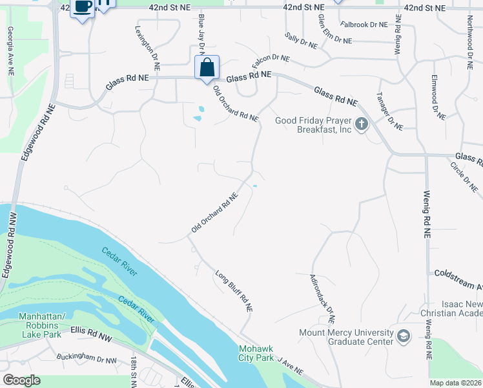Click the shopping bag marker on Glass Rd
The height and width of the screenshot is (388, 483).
[x=207, y=67]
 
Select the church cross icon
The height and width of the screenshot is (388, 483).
[x=362, y=124]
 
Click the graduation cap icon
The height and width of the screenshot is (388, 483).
[x=403, y=337]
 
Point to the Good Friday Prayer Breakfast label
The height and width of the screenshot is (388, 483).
[x=313, y=125]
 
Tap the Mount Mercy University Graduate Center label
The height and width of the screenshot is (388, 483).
[x=346, y=337]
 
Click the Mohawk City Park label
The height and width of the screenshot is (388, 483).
[x=256, y=352]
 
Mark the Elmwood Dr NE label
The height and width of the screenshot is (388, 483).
[x=438, y=97]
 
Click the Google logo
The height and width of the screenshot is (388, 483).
[x=21, y=380]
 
